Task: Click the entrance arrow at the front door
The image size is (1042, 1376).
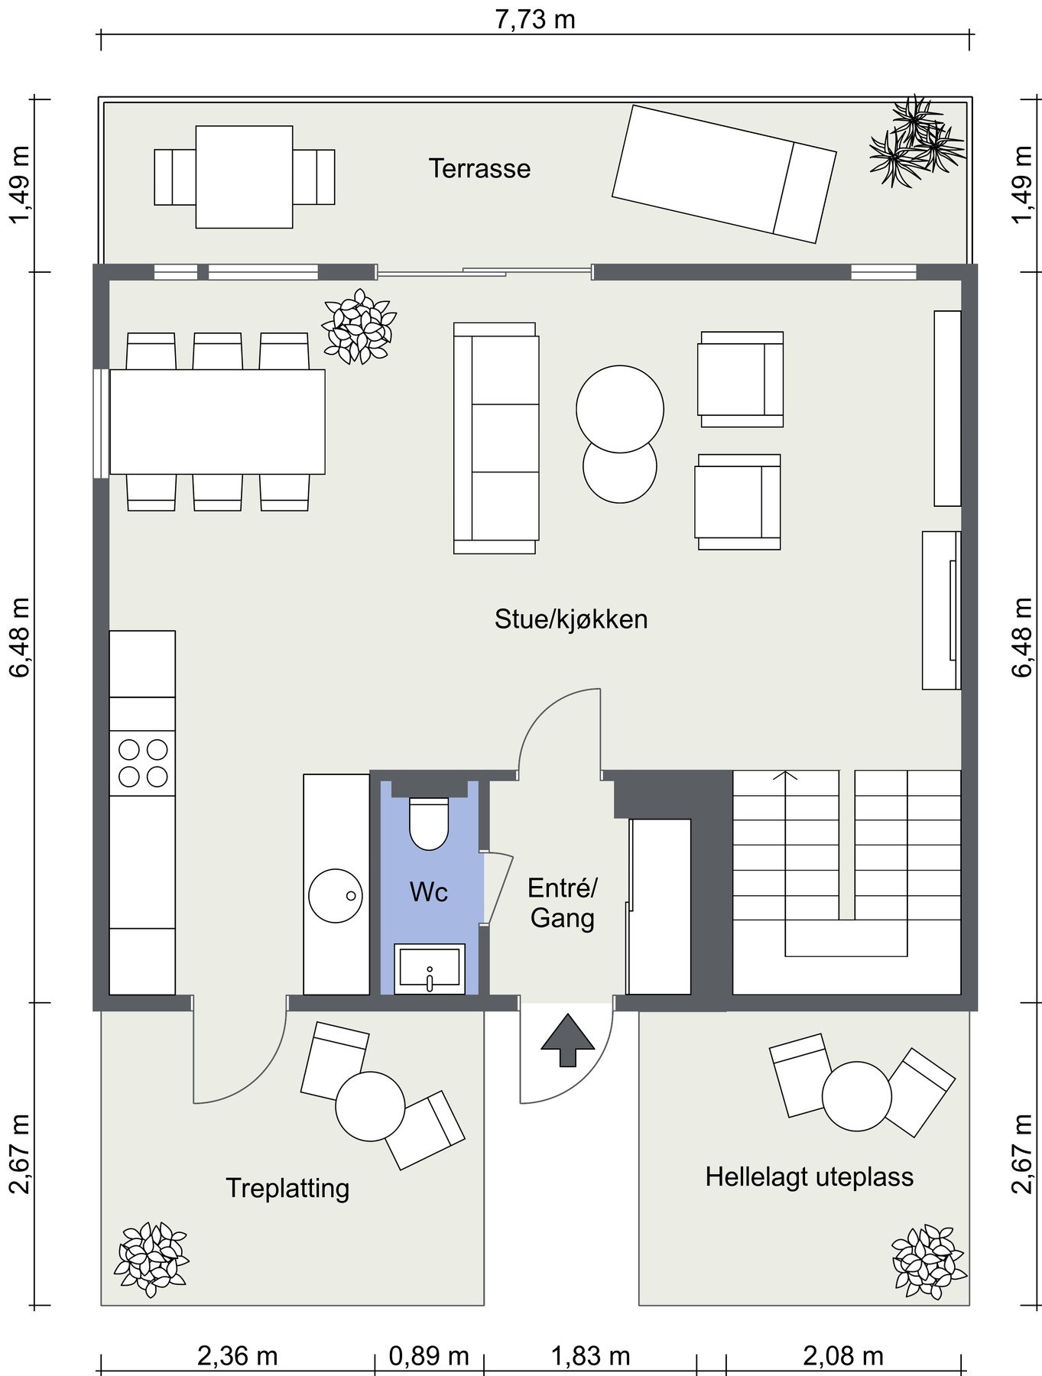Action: [567, 1040]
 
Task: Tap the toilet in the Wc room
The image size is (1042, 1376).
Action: [429, 823]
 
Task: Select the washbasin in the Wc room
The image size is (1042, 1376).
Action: [430, 969]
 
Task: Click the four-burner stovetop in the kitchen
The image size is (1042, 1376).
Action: [142, 763]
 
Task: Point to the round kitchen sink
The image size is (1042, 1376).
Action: [336, 895]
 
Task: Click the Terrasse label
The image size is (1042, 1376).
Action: [479, 168]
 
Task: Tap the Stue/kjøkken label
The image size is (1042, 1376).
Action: [571, 618]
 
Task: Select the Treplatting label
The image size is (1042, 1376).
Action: [287, 1189]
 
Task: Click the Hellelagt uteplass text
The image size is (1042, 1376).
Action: [810, 1176]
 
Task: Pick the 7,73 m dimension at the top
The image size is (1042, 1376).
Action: [535, 19]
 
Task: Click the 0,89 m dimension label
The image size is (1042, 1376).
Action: [429, 1356]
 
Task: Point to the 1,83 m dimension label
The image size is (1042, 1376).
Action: [591, 1356]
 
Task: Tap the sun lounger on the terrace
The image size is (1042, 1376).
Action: [724, 174]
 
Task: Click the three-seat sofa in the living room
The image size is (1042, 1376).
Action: [496, 438]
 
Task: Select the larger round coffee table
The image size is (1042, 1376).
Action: [620, 409]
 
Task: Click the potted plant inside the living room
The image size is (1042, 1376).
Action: [359, 326]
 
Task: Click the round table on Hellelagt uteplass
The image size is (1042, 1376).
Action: [857, 1096]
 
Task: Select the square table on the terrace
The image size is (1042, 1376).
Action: [244, 177]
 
